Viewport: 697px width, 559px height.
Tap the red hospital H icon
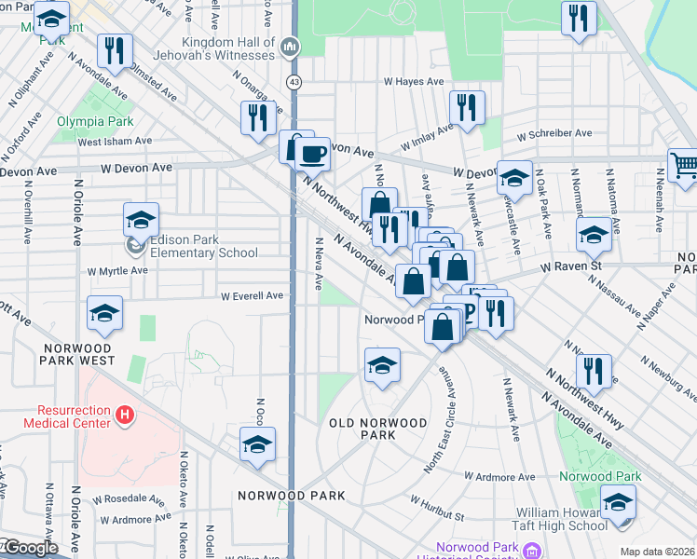click(x=124, y=412)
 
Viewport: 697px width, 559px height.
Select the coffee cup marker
click(x=313, y=154)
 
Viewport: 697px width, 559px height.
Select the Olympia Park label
click(x=95, y=122)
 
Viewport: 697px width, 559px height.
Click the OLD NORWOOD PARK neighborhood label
click(x=378, y=429)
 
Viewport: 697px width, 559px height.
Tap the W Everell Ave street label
click(x=252, y=296)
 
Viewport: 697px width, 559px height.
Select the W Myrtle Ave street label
click(x=117, y=271)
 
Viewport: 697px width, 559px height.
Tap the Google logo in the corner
click(x=30, y=548)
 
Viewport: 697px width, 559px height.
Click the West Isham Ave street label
click(x=114, y=142)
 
